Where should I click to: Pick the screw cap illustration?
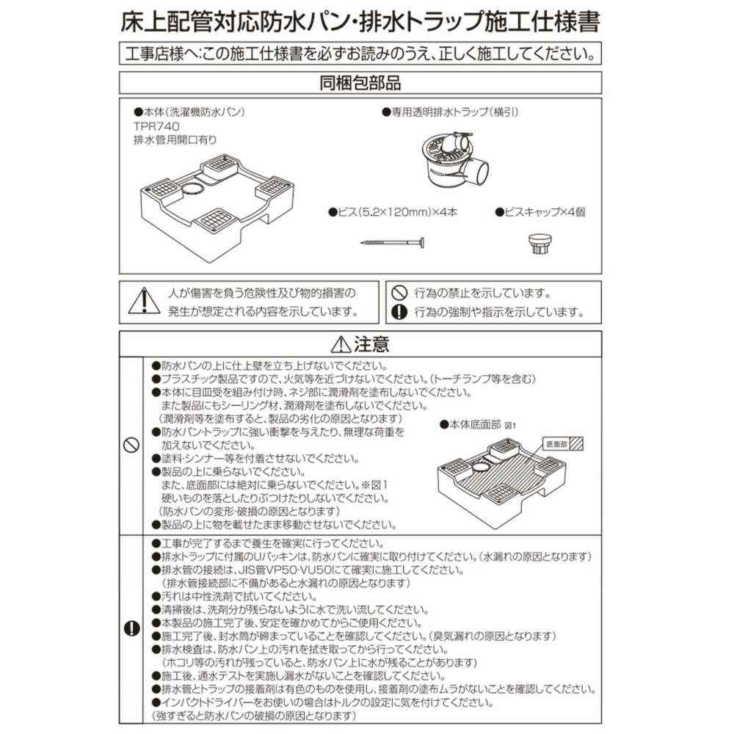click(540, 241)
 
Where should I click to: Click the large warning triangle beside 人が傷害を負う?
click(144, 299)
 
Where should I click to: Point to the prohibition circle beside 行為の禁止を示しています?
click(399, 292)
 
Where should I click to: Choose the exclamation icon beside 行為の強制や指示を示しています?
click(399, 311)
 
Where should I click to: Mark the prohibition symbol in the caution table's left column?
click(132, 445)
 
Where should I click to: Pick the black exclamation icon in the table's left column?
click(132, 628)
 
